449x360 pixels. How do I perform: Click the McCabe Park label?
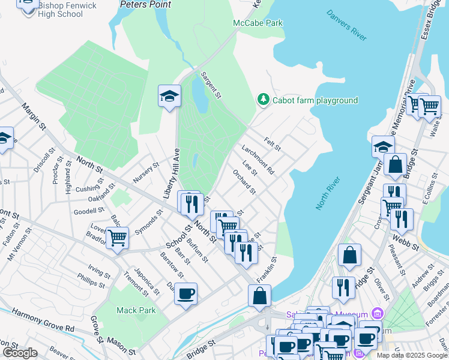pos(258,23)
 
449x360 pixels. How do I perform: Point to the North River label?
pos(328,193)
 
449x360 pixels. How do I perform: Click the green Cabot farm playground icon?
pos(262,100)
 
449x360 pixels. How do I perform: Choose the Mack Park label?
pos(136,310)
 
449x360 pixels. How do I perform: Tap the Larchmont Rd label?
pos(258,160)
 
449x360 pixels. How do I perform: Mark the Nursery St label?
pos(146,172)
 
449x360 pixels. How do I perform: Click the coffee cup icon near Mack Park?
pos(185,293)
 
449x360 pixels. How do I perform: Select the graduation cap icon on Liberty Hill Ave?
pos(169,95)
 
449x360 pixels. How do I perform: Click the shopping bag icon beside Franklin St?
pos(259,295)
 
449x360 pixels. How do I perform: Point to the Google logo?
pos(20,353)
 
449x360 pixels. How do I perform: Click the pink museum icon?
pos(376,313)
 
